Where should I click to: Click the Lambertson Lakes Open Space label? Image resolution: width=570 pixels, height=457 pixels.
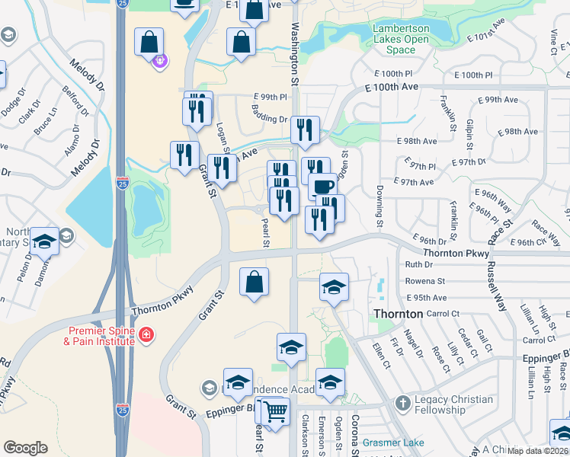click(401, 39)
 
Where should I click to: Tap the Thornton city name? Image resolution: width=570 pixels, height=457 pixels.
click(398, 314)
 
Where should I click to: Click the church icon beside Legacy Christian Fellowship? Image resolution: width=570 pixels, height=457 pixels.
click(403, 401)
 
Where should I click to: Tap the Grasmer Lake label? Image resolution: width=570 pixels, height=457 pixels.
click(393, 441)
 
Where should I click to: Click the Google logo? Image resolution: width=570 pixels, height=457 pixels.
click(25, 448)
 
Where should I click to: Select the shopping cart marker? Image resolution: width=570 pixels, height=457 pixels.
click(275, 412)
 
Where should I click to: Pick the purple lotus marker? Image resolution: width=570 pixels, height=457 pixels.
click(159, 60)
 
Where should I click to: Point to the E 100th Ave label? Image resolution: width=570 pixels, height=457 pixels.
click(393, 88)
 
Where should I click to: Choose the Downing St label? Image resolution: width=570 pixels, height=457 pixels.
click(379, 206)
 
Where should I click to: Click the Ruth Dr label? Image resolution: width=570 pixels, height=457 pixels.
click(418, 265)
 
